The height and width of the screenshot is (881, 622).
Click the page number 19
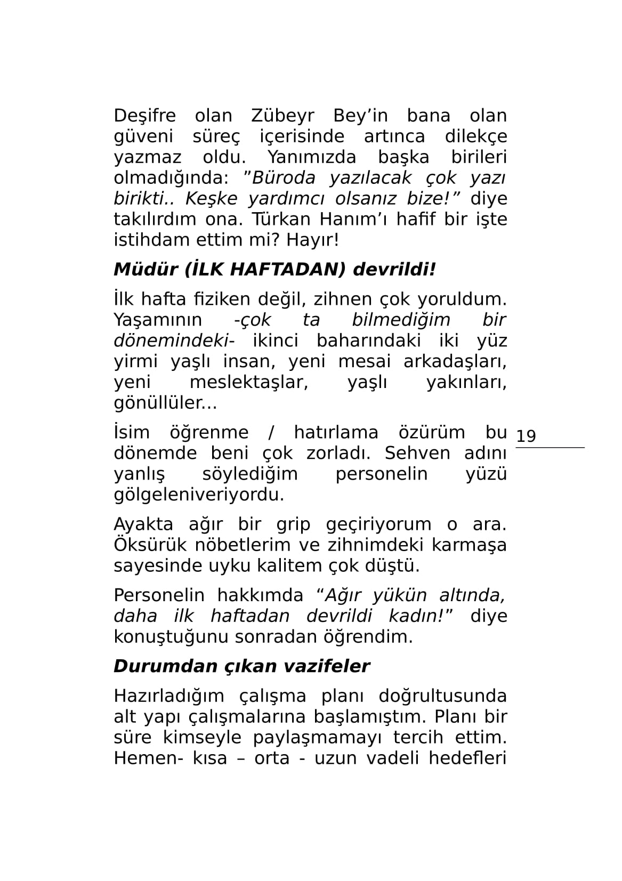(526, 436)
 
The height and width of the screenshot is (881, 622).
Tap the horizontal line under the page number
(550, 448)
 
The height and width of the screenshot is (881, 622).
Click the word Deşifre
(145, 116)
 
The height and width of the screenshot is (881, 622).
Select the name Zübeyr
(282, 116)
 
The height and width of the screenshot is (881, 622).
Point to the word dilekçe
(476, 136)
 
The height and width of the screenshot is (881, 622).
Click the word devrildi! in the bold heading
(394, 270)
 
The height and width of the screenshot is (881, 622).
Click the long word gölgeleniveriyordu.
(199, 495)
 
